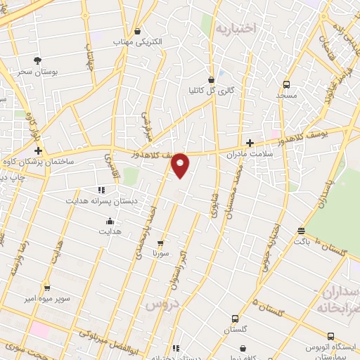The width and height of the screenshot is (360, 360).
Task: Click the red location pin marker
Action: coord(181,165)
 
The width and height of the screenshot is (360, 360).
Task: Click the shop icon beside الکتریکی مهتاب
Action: coord(138,32)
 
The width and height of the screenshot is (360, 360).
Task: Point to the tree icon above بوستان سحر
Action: coord(37,60)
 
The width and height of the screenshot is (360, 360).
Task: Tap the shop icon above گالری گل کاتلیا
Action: coord(212,79)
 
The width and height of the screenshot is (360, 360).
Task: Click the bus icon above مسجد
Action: coord(286,83)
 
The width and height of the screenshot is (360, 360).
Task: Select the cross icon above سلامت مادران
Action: coord(249,142)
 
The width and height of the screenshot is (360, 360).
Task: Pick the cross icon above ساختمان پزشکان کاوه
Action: coord(38,150)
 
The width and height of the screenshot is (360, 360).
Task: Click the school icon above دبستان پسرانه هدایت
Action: coord(101,190)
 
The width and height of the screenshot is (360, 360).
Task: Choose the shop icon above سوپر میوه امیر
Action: coord(47,288)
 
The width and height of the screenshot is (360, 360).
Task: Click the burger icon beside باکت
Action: coord(302,230)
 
